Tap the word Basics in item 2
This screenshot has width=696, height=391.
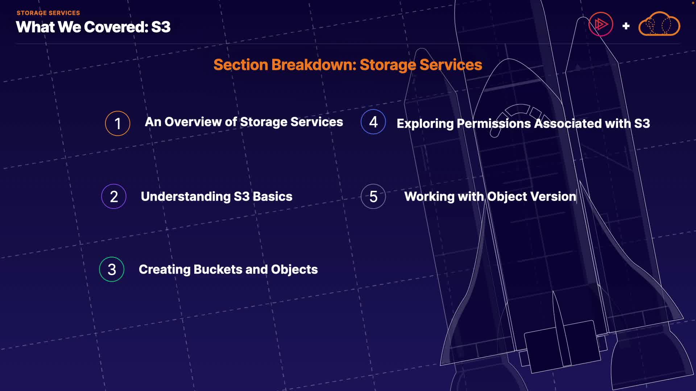click(272, 197)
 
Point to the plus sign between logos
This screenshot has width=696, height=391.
click(626, 26)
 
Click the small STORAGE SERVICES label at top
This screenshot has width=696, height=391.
click(48, 13)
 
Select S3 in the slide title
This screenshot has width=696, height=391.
click(161, 27)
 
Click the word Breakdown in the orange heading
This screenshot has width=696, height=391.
click(314, 65)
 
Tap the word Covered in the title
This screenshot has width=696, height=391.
click(116, 27)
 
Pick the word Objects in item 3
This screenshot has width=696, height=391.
click(294, 270)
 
